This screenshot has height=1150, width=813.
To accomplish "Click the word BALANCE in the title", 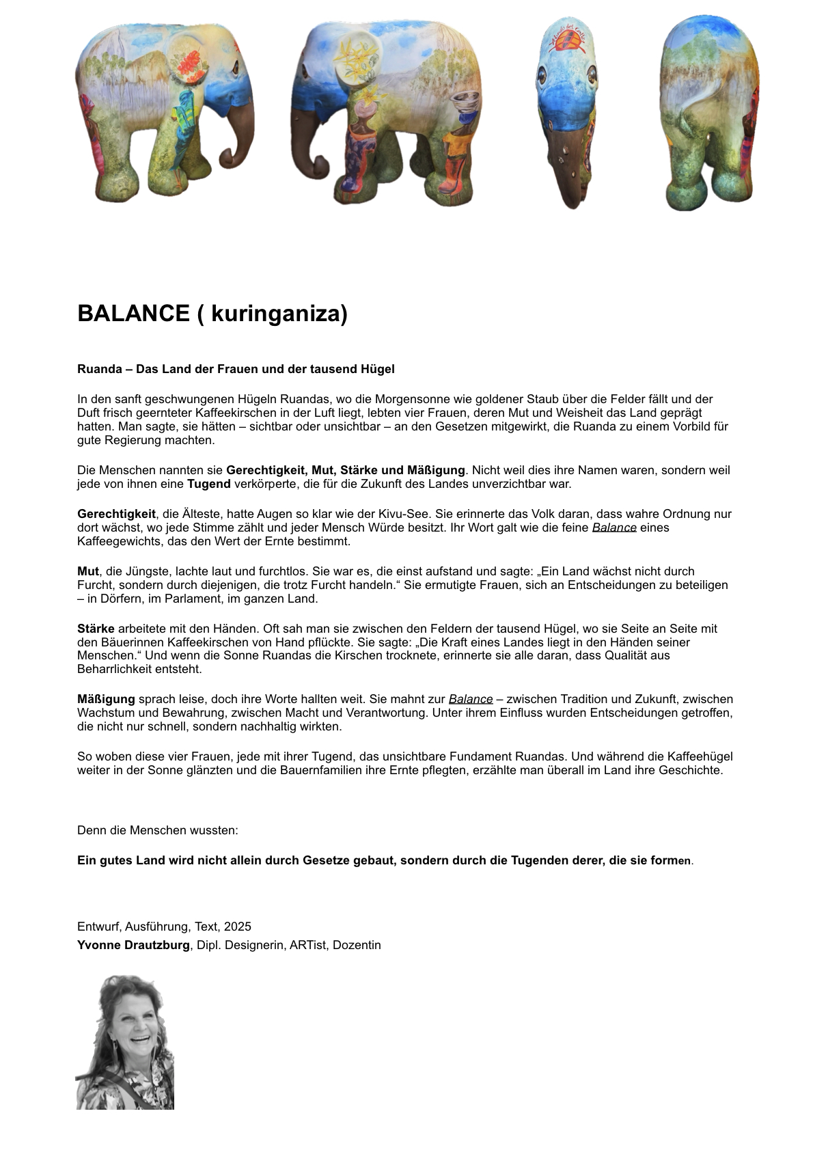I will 133,314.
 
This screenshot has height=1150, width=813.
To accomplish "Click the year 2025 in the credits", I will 237,927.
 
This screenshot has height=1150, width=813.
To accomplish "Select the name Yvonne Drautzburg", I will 133,945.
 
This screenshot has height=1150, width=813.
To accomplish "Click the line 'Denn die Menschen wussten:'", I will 158,830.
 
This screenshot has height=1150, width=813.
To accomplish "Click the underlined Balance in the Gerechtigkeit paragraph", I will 614,528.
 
